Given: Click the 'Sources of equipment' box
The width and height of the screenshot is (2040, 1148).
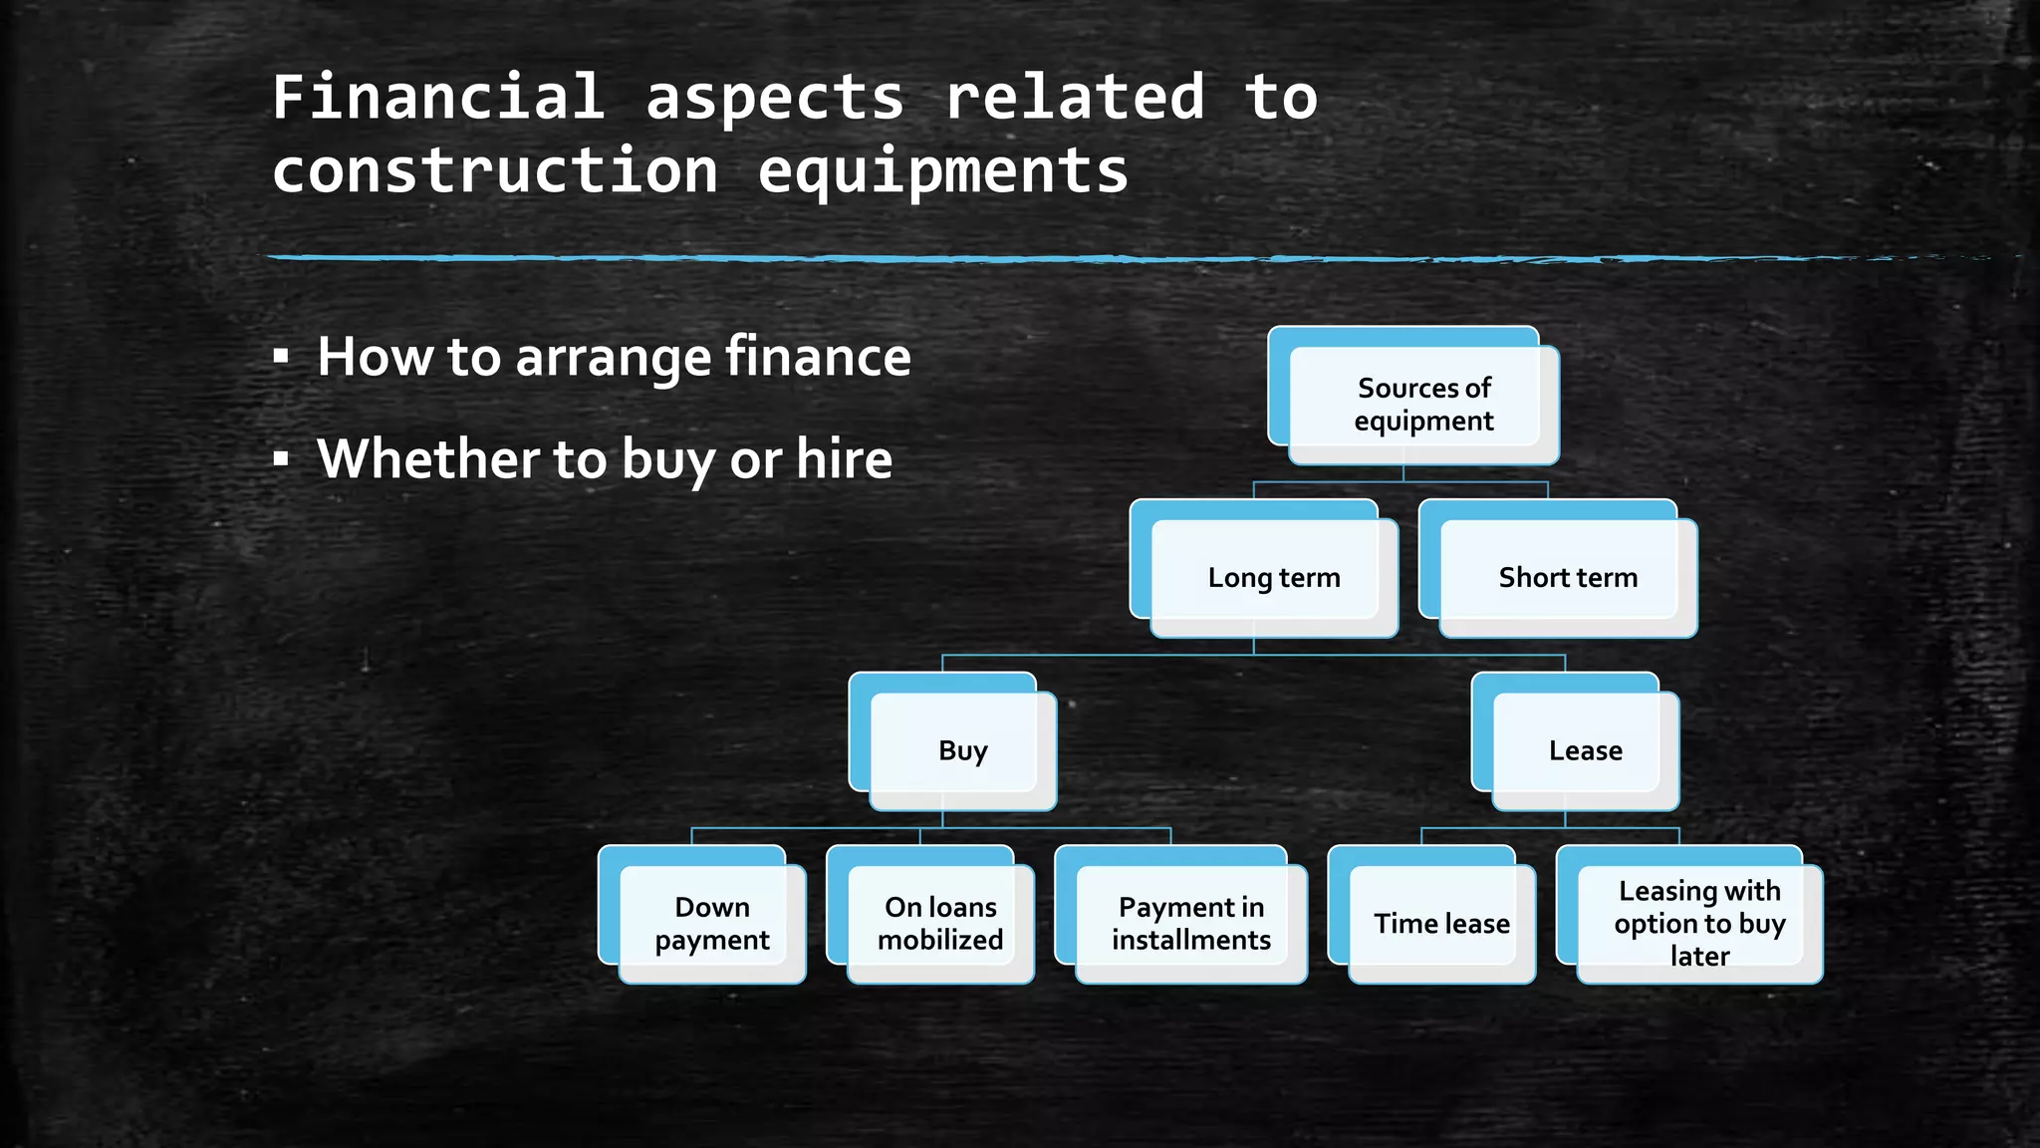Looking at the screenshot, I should [x=1423, y=404].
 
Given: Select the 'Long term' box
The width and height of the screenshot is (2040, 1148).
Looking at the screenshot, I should [x=1274, y=578].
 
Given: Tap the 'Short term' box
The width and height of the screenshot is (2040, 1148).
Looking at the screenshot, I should [x=1568, y=578].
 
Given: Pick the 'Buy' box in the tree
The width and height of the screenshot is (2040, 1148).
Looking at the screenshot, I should [x=962, y=750].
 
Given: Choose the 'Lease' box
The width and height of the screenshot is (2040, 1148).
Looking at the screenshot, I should [x=1585, y=750].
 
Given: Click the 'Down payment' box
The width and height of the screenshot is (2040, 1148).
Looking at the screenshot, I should [x=711, y=924].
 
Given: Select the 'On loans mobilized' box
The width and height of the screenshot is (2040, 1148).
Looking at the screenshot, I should [x=940, y=924].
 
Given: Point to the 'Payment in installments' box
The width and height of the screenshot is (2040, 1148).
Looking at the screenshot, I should [x=1191, y=924].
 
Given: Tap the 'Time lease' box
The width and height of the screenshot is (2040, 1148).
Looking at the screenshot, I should [x=1441, y=924].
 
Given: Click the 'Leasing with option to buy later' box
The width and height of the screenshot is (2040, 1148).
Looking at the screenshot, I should [x=1699, y=924].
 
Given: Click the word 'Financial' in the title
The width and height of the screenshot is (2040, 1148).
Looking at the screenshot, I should [x=438, y=98].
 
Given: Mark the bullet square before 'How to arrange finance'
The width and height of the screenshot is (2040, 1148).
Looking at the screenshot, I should [x=281, y=356].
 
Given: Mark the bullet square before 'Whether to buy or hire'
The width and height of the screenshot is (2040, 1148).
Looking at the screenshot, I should [x=281, y=458].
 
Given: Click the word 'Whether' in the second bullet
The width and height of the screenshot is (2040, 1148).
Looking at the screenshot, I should [x=429, y=459].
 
